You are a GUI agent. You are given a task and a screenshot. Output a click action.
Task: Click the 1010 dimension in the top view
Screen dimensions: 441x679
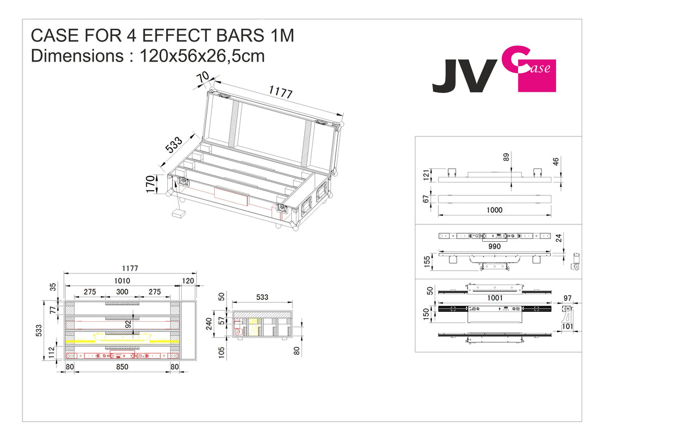[121, 280]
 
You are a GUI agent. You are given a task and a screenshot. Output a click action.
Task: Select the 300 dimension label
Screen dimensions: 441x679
[121, 292]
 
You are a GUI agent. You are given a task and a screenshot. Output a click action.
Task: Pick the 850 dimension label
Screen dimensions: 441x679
[121, 367]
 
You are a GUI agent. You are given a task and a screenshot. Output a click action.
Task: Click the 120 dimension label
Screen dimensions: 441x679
[187, 280]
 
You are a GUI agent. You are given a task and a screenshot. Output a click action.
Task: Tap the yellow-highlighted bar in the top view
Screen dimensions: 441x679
[122, 339]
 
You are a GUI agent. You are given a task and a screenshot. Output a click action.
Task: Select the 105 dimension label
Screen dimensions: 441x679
[221, 351]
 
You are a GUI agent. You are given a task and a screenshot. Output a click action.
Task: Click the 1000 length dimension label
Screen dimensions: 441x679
[494, 210]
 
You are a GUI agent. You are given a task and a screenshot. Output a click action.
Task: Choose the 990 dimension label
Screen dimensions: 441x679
[494, 246]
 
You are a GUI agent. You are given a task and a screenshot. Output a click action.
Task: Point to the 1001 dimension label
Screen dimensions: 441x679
[494, 298]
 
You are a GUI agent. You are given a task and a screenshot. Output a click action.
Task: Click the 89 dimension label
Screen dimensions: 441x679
[507, 158]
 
